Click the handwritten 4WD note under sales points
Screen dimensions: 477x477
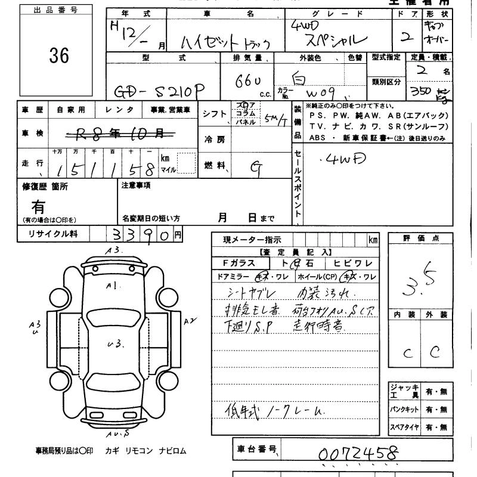(x=339, y=159)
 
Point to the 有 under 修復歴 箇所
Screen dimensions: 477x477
(x=39, y=207)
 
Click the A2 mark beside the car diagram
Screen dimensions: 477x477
(x=190, y=321)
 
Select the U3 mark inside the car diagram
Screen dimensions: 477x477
(x=114, y=343)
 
